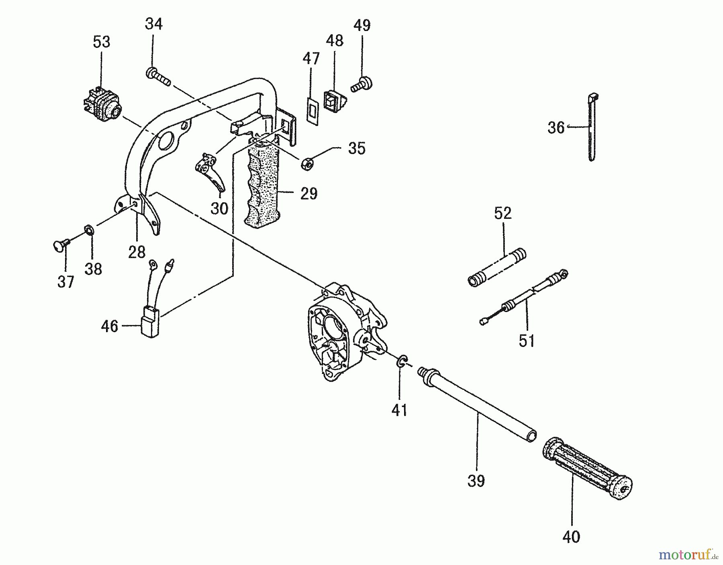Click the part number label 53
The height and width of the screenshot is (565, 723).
pos(102,42)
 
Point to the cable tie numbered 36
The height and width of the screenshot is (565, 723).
pos(592,127)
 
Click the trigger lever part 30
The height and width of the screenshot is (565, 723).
pos(211,172)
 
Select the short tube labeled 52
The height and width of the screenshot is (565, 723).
pos(497,267)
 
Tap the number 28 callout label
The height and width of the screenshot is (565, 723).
pos(137,252)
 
